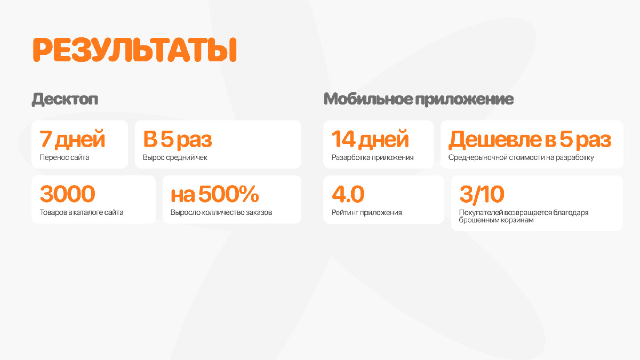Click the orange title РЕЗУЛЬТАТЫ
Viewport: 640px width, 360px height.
(x=134, y=50)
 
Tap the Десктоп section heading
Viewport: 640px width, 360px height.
(x=65, y=99)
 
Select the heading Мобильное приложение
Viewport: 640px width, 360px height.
(x=419, y=99)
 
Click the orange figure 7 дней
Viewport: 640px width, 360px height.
(x=73, y=139)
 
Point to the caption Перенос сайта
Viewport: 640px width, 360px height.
(x=65, y=157)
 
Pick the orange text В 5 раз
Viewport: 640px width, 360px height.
(x=178, y=140)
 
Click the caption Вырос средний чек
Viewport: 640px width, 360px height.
(x=175, y=157)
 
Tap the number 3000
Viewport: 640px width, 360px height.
(x=67, y=194)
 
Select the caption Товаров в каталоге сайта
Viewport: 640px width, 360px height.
(x=82, y=213)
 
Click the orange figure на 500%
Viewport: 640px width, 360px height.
(x=214, y=194)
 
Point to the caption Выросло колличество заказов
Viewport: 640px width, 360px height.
(x=221, y=213)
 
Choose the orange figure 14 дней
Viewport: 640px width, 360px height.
(x=370, y=139)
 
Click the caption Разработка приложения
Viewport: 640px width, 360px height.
(x=373, y=157)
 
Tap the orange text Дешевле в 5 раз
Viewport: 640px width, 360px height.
(x=530, y=140)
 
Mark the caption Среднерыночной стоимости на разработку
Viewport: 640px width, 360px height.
(x=521, y=157)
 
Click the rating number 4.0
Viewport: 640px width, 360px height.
(x=348, y=194)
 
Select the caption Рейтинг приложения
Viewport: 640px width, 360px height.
(x=366, y=213)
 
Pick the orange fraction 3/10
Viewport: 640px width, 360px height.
(x=482, y=194)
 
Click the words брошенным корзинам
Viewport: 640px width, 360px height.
(x=497, y=220)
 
